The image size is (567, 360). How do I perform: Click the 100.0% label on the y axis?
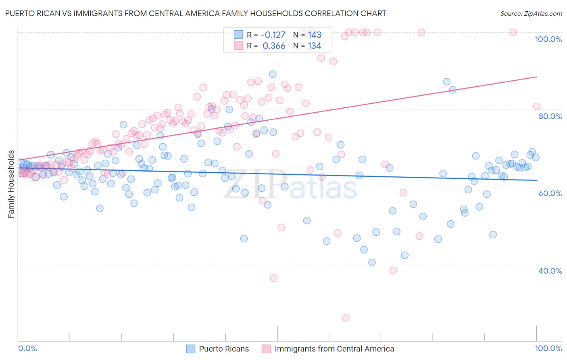click(548, 39)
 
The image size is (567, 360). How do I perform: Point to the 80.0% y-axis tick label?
click(550, 116)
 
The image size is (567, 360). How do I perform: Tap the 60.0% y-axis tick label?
click(550, 193)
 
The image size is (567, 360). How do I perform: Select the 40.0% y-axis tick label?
click(550, 270)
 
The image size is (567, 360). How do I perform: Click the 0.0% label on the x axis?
click(27, 348)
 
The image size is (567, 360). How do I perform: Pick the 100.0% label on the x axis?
click(548, 348)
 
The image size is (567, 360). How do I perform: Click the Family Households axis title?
click(11, 184)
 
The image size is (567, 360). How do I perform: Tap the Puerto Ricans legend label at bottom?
click(224, 349)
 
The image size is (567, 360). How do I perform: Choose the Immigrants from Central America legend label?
click(334, 349)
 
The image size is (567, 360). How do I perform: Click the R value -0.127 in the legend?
click(273, 35)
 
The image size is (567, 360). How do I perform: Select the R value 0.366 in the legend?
click(274, 46)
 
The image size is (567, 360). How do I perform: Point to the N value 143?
click(315, 35)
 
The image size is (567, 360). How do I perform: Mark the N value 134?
click(315, 46)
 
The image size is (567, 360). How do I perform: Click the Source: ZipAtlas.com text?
click(531, 14)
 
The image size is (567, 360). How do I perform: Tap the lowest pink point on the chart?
click(346, 318)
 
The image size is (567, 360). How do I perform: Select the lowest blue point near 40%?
click(372, 262)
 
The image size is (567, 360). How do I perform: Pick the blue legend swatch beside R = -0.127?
click(238, 35)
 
